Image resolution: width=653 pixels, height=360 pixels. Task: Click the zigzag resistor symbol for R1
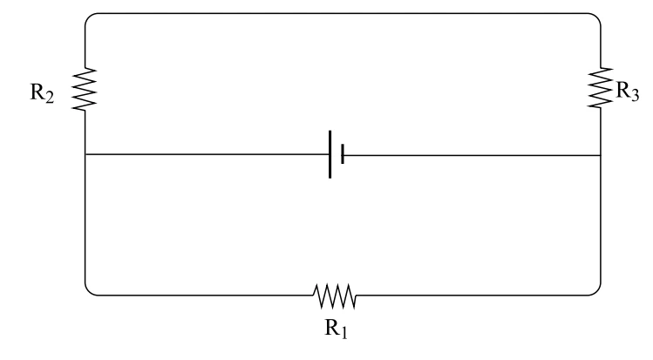tap(335, 295)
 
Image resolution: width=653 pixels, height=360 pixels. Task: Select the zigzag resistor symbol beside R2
tap(85, 90)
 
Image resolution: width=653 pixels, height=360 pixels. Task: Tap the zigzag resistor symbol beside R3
tap(601, 87)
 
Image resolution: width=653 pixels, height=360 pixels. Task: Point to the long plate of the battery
tap(330, 154)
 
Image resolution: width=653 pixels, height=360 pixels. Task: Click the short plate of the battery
tap(343, 154)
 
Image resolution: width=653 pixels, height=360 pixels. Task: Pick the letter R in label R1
tap(332, 327)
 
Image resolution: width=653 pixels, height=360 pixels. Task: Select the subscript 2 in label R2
tap(49, 98)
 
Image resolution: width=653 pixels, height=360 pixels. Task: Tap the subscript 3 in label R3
tap(634, 96)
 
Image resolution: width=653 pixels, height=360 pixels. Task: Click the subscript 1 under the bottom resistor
tap(344, 332)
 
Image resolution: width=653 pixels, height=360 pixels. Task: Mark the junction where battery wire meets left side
tap(85, 154)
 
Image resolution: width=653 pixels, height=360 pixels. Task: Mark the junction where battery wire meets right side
tap(601, 155)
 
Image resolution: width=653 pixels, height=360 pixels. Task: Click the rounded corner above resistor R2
tap(88, 17)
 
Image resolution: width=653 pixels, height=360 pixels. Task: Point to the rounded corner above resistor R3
tap(597, 17)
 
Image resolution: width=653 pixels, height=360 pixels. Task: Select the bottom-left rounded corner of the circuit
tap(88, 292)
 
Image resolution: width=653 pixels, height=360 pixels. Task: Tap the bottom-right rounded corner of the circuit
tap(597, 292)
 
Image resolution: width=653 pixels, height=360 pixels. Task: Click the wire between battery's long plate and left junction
tap(207, 154)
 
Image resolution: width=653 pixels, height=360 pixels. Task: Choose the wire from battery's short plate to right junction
tap(473, 155)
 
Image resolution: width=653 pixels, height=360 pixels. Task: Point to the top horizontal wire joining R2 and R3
tap(343, 13)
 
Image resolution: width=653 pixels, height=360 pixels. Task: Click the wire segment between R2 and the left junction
tap(85, 132)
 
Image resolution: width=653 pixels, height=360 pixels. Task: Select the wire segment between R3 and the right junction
tap(601, 132)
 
